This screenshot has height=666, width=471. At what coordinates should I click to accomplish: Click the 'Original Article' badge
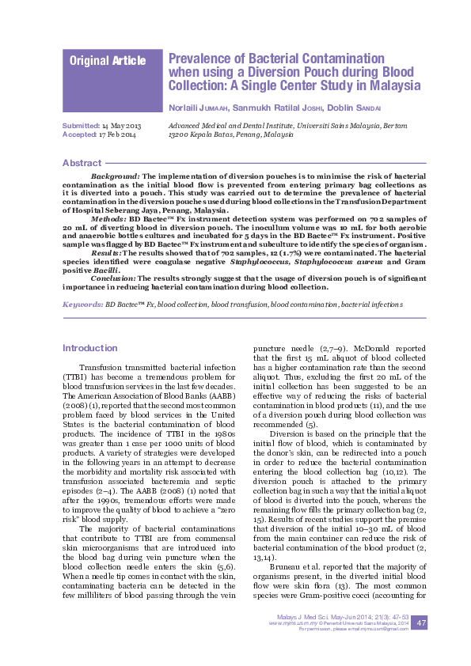(108, 61)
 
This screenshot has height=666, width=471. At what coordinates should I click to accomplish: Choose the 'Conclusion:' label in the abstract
(114, 278)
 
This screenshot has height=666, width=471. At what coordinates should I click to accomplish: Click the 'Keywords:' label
(82, 304)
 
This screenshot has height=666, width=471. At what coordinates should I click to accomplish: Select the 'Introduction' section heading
(89, 347)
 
